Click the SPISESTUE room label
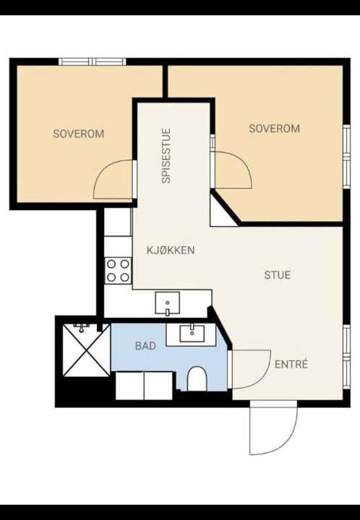[166, 156]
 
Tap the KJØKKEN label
[171, 250]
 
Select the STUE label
[278, 275]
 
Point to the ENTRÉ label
[291, 364]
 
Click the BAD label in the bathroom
[145, 346]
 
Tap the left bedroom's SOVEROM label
[79, 134]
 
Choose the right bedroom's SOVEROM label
[275, 129]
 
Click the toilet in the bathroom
[197, 378]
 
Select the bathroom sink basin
[192, 333]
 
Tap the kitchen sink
[168, 303]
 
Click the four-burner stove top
[118, 271]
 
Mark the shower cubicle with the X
[86, 350]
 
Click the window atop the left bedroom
[93, 61]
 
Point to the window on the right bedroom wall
[347, 157]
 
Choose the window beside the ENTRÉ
[347, 357]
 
